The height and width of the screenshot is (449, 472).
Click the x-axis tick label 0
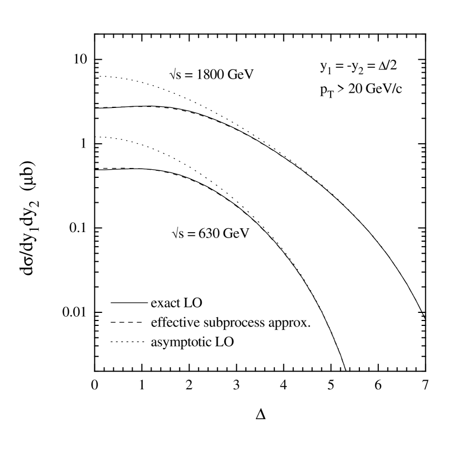point(95,385)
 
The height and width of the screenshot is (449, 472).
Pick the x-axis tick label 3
point(236,385)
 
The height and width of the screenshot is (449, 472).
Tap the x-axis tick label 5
point(331,385)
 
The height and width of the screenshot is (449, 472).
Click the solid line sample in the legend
point(127,302)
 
